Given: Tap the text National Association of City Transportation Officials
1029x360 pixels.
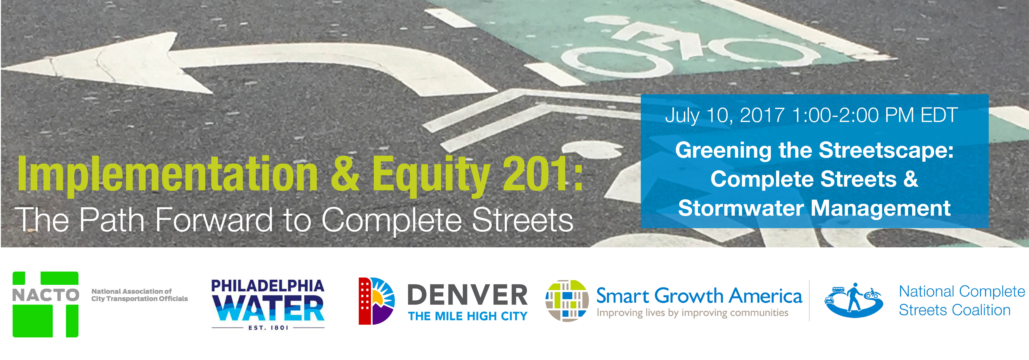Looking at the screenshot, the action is click(x=139, y=295).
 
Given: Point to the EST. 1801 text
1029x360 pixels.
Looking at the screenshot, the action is click(x=268, y=328).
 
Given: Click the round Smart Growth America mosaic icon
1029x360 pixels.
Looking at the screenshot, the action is click(x=567, y=300).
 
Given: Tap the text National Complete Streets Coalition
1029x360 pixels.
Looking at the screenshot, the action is click(x=962, y=300).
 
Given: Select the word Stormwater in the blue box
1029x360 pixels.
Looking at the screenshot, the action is click(x=741, y=208).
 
